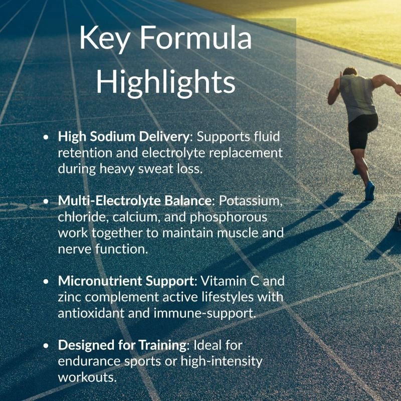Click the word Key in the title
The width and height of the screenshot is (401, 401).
pyautogui.click(x=104, y=39)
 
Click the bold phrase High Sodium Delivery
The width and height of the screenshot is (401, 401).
pyautogui.click(x=123, y=136)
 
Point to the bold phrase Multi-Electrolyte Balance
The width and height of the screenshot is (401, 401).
pyautogui.click(x=135, y=200)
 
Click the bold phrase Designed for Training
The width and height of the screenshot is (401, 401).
pyautogui.click(x=122, y=345)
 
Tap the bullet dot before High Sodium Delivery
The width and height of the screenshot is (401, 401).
pyautogui.click(x=47, y=137)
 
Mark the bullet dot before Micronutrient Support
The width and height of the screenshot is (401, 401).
pyautogui.click(x=47, y=281)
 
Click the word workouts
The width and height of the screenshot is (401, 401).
pyautogui.click(x=86, y=377)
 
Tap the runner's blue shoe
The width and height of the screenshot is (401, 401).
pyautogui.click(x=370, y=190)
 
